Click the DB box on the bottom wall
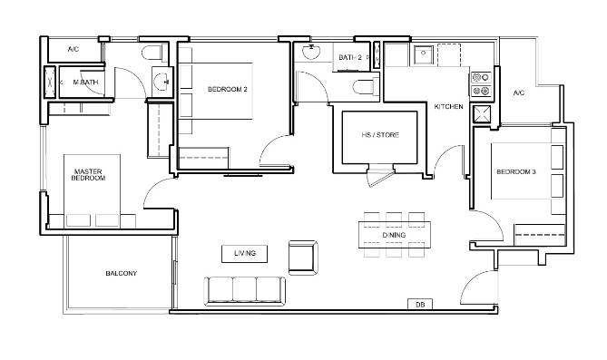point(420,305)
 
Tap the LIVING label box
point(244,254)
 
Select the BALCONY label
point(122,273)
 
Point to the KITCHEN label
point(448,106)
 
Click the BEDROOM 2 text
point(227,90)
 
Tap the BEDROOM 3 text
point(516,171)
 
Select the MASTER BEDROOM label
point(88,175)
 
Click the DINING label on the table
point(394,235)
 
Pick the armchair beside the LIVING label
point(303,258)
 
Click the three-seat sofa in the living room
point(245,291)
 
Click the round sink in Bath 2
point(311,52)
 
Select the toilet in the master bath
point(153,53)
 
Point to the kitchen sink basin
point(424,55)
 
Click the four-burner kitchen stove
point(481,84)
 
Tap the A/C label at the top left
point(73,49)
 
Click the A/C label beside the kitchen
point(519,92)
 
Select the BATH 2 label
point(350,57)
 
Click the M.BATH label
point(85,82)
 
